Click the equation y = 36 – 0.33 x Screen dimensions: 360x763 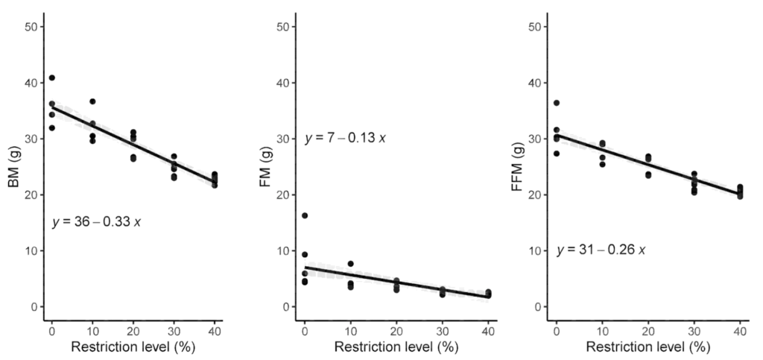96,222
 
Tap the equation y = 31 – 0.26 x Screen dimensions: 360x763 601,249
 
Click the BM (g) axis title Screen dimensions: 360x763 13,166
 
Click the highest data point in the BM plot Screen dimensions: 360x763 51,78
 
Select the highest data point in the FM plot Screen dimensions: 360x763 304,215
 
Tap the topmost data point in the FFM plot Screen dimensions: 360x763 556,103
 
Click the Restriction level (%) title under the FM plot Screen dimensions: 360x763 396,347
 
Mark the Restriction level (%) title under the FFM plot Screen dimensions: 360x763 648,347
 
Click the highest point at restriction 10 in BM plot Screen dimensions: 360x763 92,101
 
